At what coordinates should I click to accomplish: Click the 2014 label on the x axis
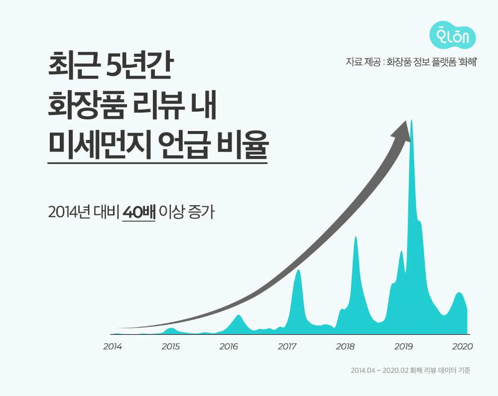coord(113,346)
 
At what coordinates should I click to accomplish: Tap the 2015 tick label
coord(171,346)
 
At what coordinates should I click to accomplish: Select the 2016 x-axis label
coord(229,346)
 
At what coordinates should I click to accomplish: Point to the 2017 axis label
coord(287,346)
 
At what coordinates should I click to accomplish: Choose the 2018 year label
coord(345,346)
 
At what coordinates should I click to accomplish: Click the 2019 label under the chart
coord(404,346)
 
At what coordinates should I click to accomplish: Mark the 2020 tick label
coord(462,346)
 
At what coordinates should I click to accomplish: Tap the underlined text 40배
coord(139,213)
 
